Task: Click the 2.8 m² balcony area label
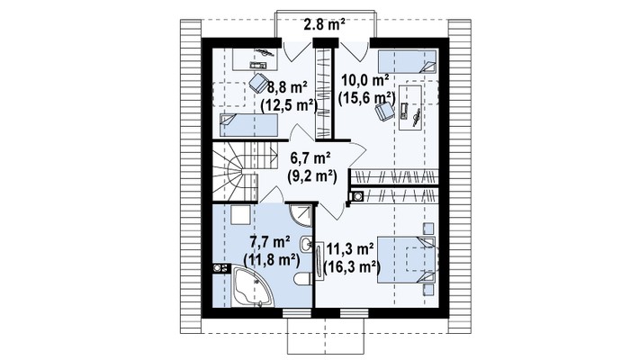324,25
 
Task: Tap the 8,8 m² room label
288,86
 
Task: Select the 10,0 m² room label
364,81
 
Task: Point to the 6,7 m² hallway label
310,158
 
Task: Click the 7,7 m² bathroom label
270,242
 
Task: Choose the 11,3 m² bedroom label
350,249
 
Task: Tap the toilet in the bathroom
303,278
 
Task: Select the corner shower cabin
301,215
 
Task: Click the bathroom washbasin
306,244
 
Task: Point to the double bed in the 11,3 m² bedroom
406,260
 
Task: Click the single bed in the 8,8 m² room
248,125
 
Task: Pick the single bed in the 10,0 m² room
407,61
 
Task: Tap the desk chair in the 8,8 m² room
258,82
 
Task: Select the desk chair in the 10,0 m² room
384,110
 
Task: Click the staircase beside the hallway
245,172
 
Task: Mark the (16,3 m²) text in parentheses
352,267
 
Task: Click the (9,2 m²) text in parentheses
312,176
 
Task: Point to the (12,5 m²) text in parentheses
289,104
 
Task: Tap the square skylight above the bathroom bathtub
240,215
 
